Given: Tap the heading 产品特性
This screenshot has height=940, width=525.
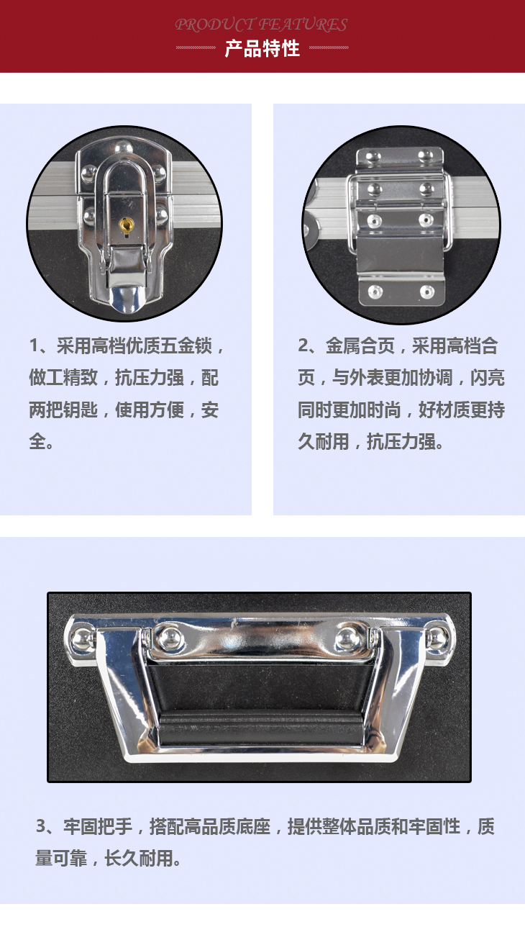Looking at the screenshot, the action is [262, 48].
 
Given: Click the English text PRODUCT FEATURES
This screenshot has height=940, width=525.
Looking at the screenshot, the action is [261, 24].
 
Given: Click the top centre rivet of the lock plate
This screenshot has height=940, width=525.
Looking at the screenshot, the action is [124, 148].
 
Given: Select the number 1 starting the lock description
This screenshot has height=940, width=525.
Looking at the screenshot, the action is [35, 346].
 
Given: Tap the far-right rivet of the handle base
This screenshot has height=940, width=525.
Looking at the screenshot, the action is [437, 638].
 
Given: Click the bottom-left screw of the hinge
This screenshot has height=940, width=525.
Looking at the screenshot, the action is [375, 291].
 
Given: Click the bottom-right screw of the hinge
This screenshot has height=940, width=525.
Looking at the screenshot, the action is [427, 292].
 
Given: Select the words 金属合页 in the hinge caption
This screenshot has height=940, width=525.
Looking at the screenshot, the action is [360, 346].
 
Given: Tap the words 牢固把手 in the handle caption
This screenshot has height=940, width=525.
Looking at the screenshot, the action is [98, 827].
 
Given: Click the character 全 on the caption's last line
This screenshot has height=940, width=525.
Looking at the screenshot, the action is [37, 441].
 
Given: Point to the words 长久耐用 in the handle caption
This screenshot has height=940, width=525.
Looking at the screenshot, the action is [139, 858].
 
